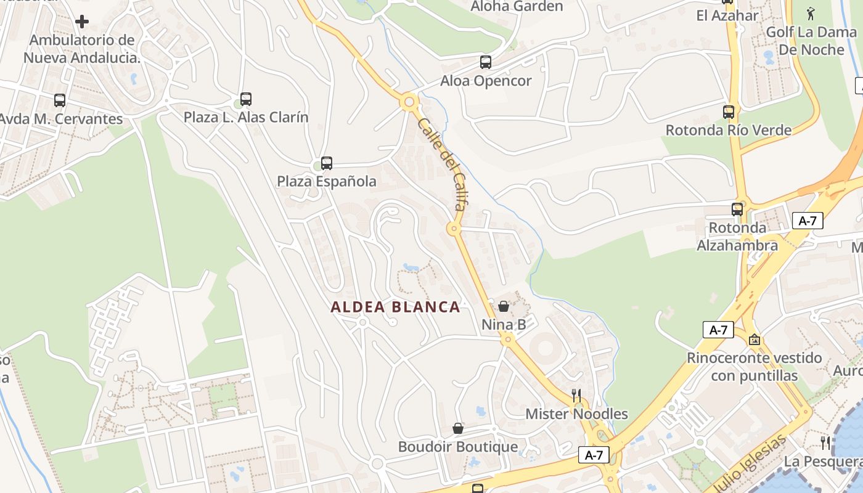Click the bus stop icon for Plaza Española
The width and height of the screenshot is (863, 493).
point(327,163)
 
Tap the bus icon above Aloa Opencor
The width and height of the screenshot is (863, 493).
point(486,62)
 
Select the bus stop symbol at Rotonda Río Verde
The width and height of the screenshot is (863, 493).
point(729,112)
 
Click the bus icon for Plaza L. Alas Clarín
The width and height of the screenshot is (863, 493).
point(246,99)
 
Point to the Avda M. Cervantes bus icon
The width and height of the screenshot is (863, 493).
point(60,100)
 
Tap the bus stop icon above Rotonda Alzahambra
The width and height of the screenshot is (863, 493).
point(737,210)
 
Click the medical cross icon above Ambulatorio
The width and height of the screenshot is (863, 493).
point(82,22)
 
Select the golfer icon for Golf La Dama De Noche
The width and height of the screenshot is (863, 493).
point(811,13)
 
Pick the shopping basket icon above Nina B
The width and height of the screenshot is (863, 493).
point(504,306)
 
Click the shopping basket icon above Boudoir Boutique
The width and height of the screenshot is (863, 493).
point(458,428)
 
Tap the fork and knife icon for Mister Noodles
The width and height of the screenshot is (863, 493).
point(576,396)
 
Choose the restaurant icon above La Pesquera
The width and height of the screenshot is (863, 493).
point(825,443)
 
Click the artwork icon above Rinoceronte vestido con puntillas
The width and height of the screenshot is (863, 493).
point(754,340)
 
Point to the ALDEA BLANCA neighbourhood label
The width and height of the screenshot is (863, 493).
point(395,307)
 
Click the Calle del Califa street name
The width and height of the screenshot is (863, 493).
point(441,165)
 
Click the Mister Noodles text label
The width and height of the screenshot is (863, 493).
point(576,414)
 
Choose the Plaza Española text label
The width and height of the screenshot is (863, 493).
point(326,181)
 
